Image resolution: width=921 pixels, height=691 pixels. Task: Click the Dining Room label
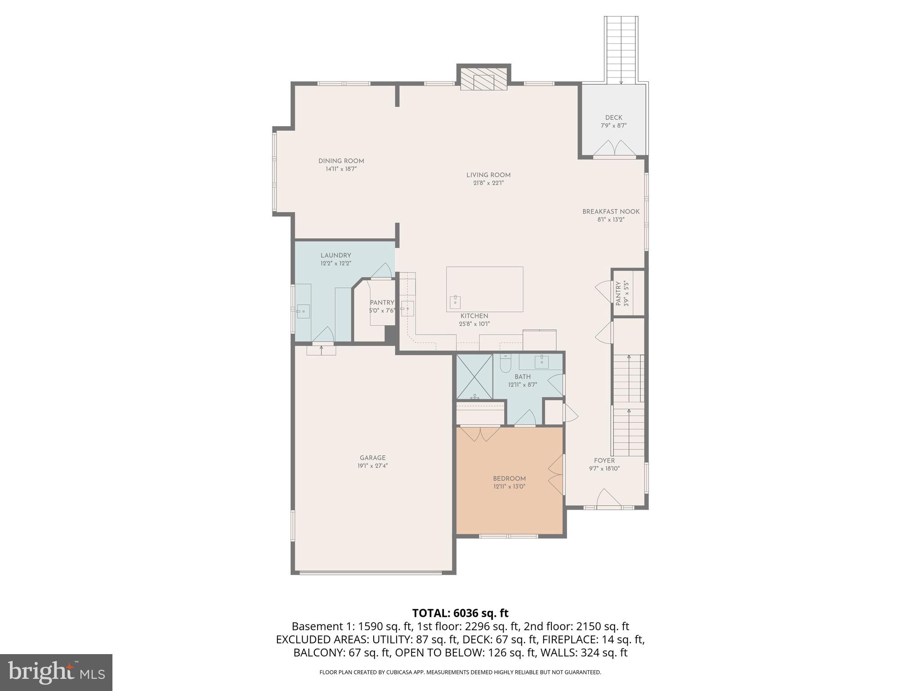click(x=341, y=161)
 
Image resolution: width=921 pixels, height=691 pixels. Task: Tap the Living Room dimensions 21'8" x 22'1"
click(x=488, y=183)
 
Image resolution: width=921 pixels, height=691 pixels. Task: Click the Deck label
click(x=613, y=117)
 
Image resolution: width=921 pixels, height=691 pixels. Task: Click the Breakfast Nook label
click(x=611, y=211)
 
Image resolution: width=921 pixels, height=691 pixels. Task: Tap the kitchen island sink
click(x=455, y=301)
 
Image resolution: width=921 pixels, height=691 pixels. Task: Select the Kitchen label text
click(x=474, y=316)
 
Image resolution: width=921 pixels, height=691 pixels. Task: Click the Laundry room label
click(x=335, y=255)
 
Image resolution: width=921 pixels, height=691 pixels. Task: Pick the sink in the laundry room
click(x=303, y=310)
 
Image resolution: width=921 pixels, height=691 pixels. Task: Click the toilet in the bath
click(x=505, y=364)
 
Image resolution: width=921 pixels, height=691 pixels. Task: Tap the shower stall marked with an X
click(x=474, y=377)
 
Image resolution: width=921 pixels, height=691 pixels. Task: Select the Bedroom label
click(x=509, y=478)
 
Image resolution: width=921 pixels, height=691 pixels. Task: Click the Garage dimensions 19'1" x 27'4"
click(x=372, y=466)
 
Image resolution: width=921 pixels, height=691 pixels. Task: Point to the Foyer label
click(x=604, y=460)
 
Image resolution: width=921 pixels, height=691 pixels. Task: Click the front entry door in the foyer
click(x=608, y=499)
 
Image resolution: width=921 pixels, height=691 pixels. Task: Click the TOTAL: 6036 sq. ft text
click(x=460, y=613)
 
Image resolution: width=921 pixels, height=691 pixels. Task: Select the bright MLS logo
click(x=56, y=673)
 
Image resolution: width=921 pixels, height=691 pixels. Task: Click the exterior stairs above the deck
click(x=621, y=49)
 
